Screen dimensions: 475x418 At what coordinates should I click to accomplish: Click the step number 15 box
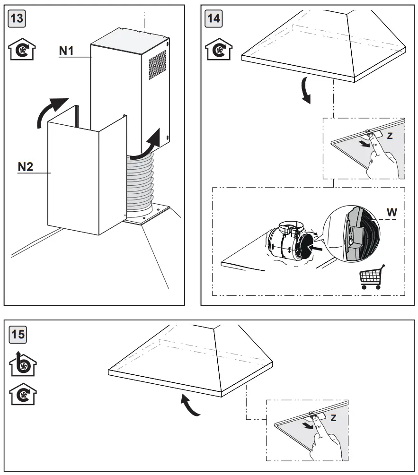click(x=18, y=335)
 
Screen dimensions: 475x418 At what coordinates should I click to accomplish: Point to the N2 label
click(x=25, y=167)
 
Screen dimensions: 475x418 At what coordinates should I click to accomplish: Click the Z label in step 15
click(x=333, y=418)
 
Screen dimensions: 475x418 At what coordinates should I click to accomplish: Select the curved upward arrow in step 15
click(x=190, y=406)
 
